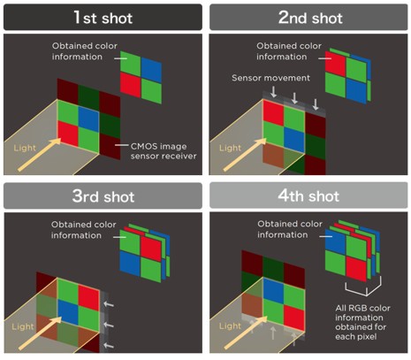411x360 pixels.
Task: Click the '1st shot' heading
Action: click(x=103, y=17)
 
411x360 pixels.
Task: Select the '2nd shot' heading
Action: click(x=308, y=17)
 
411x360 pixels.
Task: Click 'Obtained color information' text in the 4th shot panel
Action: click(x=285, y=229)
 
